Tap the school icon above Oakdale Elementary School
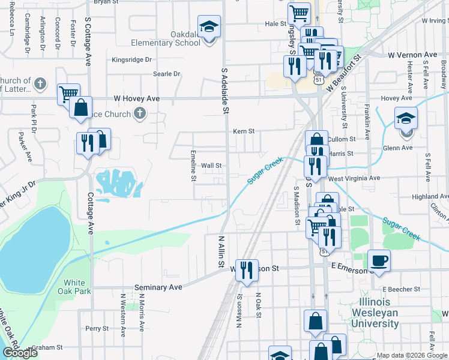[209, 28]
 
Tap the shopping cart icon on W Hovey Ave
[68, 94]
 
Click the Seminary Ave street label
[158, 288]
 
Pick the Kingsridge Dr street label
[132, 60]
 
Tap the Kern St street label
[244, 131]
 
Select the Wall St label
[211, 166]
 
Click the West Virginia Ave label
[354, 178]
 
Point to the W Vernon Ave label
[412, 55]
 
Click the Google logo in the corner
[20, 353]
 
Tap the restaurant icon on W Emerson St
[246, 271]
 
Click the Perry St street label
[97, 328]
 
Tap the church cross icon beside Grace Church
[139, 113]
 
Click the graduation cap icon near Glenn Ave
[406, 118]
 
